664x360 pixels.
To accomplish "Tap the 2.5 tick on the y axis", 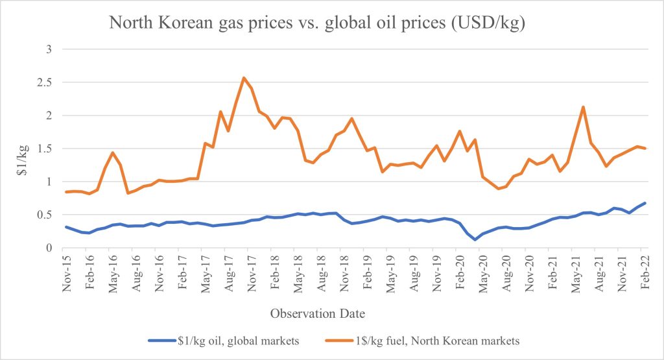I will [x=49, y=82].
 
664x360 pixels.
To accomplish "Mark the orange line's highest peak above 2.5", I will [x=244, y=78].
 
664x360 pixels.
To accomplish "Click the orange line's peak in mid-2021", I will [x=584, y=107].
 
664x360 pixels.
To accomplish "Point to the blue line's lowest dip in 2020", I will [x=475, y=239].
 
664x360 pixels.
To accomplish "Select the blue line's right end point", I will [x=645, y=203].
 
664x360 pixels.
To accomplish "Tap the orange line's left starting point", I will [x=66, y=192].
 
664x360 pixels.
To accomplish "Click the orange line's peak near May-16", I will [x=113, y=153].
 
